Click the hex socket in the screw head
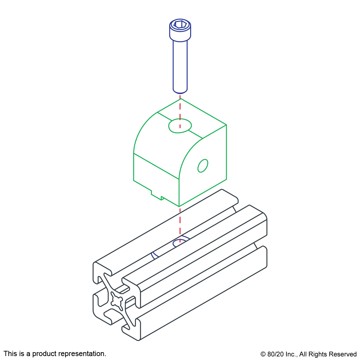(180, 24)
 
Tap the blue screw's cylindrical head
(180, 30)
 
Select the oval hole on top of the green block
(180, 126)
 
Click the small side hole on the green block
(203, 166)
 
